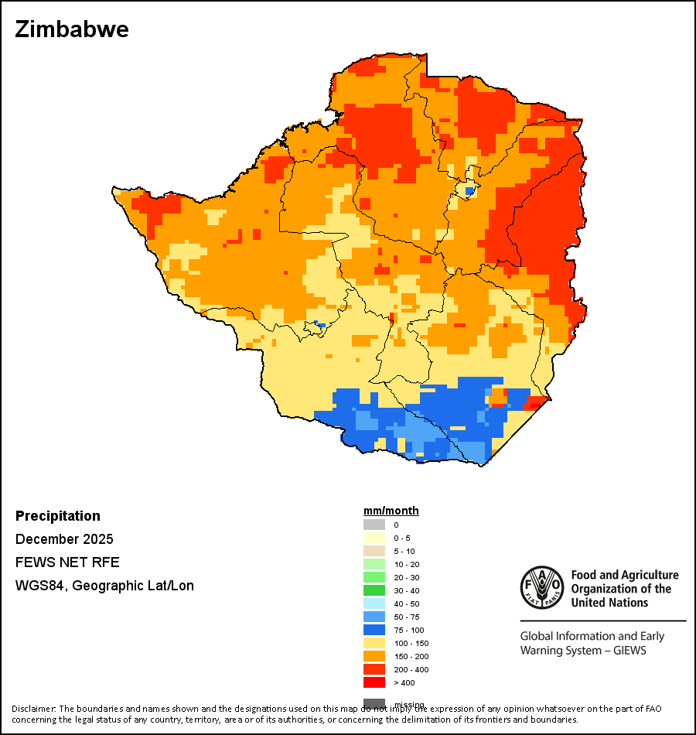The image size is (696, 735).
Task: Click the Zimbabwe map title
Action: (72, 29)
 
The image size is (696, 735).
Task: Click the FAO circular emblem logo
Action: (542, 588)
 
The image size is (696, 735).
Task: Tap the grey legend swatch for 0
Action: (374, 525)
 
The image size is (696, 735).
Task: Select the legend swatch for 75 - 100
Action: (374, 630)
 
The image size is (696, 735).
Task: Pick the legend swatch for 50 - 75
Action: (374, 617)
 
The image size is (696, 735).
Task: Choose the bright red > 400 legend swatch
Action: (374, 682)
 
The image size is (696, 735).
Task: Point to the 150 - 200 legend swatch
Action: (374, 656)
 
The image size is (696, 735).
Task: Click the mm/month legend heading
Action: (391, 511)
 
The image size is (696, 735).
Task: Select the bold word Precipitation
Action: (58, 516)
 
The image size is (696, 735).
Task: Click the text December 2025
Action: (64, 539)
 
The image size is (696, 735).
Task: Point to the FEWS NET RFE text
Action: (67, 562)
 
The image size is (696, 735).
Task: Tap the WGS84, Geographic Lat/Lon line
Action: (104, 586)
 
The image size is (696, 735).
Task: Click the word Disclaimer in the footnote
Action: (32, 709)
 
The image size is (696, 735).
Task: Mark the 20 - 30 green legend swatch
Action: (374, 577)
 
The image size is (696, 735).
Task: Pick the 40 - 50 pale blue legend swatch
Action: (374, 603)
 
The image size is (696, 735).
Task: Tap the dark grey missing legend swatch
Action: (374, 703)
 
